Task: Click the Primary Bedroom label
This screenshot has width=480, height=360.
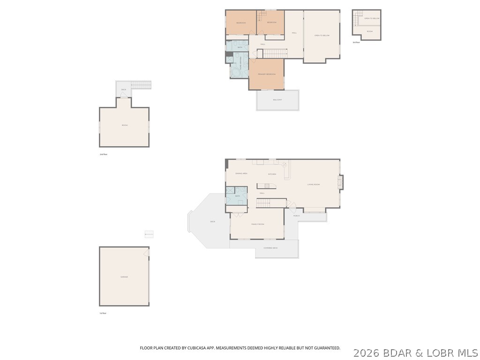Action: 266,74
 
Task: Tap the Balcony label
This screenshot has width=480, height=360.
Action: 277,100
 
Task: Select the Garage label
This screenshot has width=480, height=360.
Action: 124,277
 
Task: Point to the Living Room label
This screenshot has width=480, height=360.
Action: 314,184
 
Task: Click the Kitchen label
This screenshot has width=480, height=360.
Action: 272,174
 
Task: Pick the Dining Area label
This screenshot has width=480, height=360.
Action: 241,173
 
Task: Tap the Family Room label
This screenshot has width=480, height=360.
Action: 258,224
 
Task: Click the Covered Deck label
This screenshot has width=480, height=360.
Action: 270,248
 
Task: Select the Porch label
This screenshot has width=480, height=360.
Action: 296,216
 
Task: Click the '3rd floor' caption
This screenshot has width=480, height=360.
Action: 357,43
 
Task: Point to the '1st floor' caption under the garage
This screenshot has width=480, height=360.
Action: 103,313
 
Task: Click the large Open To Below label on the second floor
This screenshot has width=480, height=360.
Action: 322,36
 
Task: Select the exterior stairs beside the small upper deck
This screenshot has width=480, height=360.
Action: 141,85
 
